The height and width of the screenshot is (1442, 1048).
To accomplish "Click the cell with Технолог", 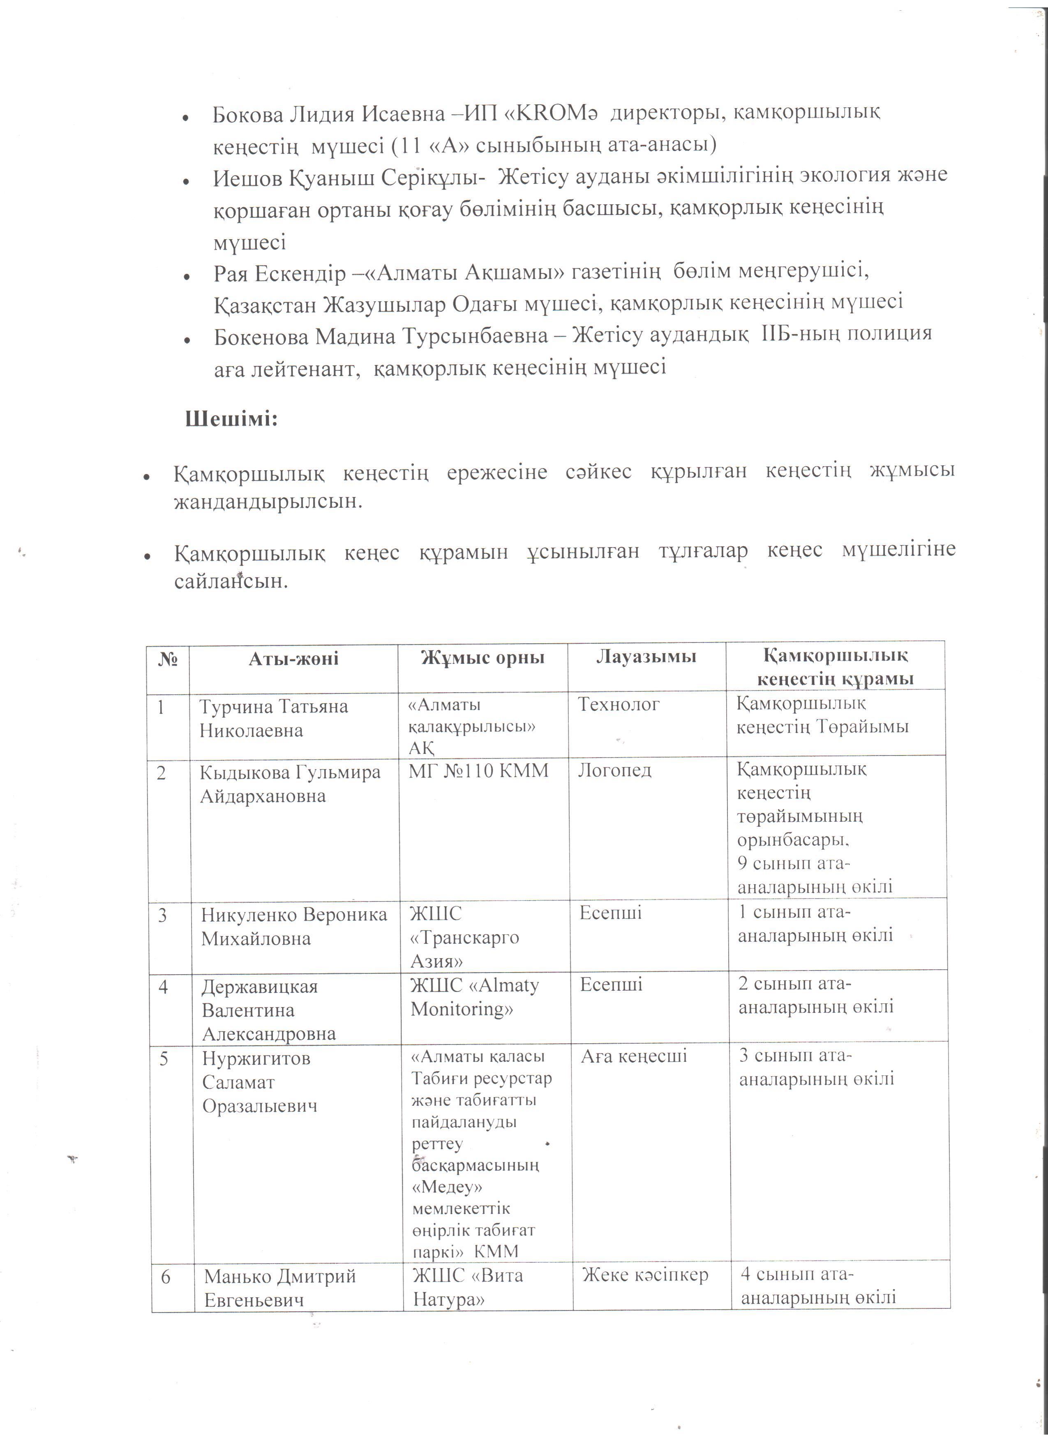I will (619, 705).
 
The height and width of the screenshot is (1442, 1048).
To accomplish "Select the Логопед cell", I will (614, 771).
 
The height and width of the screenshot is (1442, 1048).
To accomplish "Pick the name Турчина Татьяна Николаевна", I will (273, 719).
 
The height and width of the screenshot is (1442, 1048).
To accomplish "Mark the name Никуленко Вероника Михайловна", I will (293, 927).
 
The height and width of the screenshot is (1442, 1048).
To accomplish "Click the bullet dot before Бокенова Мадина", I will (187, 341).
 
